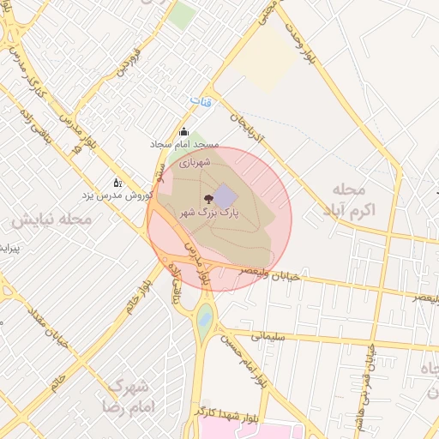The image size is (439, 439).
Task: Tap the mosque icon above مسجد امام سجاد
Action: coord(183,132)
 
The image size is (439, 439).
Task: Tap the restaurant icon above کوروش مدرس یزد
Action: coord(117,183)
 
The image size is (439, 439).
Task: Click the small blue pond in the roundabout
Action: coord(205,321)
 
